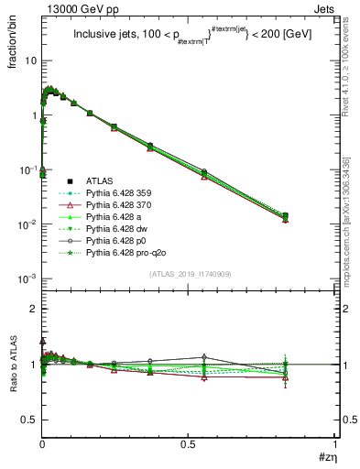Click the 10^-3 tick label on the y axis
tap(26, 278)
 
